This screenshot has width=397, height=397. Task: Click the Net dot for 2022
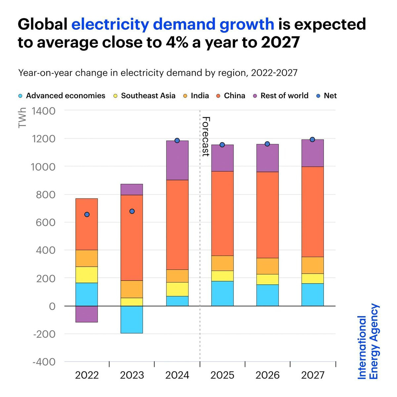coord(87,214)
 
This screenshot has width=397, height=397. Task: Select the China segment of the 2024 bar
coord(177,225)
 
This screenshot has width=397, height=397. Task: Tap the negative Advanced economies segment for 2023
coord(132,319)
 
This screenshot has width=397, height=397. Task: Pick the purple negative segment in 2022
coord(87,314)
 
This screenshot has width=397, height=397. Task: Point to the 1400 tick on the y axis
coord(44,110)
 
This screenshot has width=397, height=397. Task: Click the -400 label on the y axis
coord(44,362)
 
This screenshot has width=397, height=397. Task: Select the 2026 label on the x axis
coord(267,375)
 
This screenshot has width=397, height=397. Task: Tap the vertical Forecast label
coord(206,136)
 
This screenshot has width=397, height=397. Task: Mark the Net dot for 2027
coord(312,139)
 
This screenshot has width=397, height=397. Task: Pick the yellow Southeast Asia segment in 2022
coord(87,275)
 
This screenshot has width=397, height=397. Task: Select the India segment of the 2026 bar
coord(267,266)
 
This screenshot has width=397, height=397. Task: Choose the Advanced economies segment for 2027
coord(312,294)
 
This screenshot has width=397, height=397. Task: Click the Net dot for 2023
coord(132,211)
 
